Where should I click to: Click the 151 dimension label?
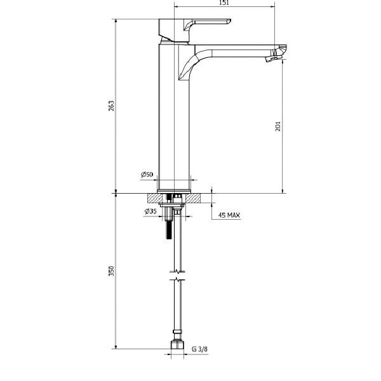pyautogui.click(x=224, y=3)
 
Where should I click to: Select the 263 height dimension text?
pyautogui.click(x=111, y=105)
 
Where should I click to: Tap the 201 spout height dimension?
pyautogui.click(x=277, y=126)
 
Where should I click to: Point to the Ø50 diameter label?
pyautogui.click(x=147, y=174)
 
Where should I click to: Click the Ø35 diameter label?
pyautogui.click(x=150, y=211)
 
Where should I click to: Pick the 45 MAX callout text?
pyautogui.click(x=229, y=215)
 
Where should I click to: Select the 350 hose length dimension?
pyautogui.click(x=111, y=271)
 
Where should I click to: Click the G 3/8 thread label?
pyautogui.click(x=199, y=349)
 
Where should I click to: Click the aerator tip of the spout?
pyautogui.click(x=272, y=58)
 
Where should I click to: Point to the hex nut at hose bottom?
pyautogui.click(x=177, y=344)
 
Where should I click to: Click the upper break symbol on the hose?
pyautogui.click(x=178, y=271)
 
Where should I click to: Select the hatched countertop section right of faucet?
pyautogui.click(x=194, y=198)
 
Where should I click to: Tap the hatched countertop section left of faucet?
pyautogui.click(x=154, y=198)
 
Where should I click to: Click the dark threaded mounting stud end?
pyautogui.click(x=169, y=229)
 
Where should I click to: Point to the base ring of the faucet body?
pyautogui.click(x=174, y=192)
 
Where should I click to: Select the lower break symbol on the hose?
pyautogui.click(x=178, y=279)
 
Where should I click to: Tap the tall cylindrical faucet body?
pyautogui.click(x=174, y=117)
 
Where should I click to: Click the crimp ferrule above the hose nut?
pyautogui.click(x=177, y=331)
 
